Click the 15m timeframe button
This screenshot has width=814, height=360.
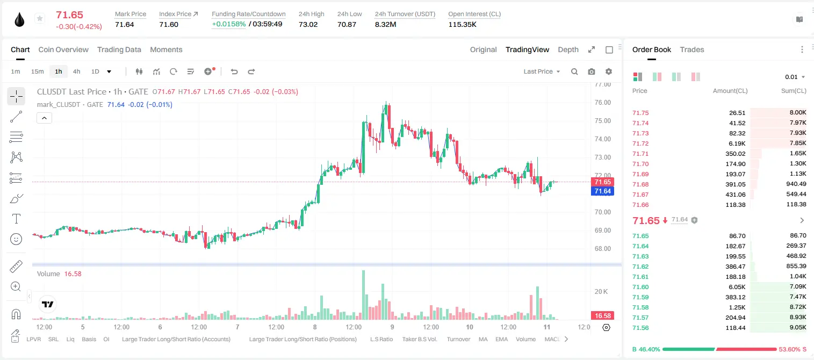(37, 71)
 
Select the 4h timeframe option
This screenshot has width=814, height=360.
(76, 71)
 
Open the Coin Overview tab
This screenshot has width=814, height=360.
(63, 49)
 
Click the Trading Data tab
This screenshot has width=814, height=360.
(119, 49)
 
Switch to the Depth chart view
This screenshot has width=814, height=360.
(568, 49)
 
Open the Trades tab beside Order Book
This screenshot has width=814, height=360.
(692, 49)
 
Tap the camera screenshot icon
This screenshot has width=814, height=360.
(592, 71)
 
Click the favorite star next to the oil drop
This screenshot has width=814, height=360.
(40, 18)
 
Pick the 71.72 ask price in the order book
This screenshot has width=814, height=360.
(640, 143)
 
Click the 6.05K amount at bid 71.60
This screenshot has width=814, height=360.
(737, 287)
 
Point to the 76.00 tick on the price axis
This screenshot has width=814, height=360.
(602, 103)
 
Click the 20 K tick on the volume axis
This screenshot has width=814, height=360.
(601, 292)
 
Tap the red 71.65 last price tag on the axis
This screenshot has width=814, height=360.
(602, 182)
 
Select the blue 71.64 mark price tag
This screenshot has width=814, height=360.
(602, 191)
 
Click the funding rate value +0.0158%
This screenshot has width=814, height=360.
(229, 24)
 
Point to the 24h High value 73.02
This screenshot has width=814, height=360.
(308, 24)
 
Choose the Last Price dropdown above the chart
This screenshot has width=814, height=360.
(542, 71)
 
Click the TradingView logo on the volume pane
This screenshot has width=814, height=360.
(48, 305)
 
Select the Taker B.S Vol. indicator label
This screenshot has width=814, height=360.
(419, 339)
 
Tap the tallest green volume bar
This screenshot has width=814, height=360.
(363, 295)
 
